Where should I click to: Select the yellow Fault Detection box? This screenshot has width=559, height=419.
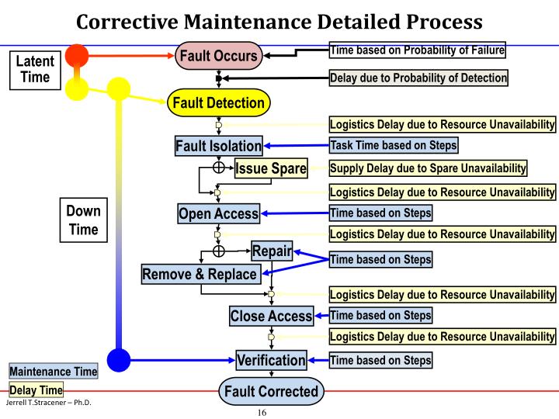(x=217, y=102)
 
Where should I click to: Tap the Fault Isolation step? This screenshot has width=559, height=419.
(x=219, y=146)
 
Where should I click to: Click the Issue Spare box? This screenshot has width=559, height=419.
(x=271, y=168)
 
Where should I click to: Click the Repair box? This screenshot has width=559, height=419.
(x=271, y=251)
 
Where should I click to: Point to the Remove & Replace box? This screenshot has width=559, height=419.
(x=200, y=274)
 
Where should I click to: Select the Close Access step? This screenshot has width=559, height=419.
(x=271, y=316)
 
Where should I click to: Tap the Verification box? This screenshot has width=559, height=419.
(x=271, y=360)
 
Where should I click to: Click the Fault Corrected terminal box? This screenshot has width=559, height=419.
(x=271, y=391)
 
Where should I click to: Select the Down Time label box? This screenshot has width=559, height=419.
(x=83, y=220)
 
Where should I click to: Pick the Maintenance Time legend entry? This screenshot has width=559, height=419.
(x=54, y=372)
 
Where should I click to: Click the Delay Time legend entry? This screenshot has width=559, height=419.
(x=36, y=390)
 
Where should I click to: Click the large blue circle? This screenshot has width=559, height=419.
(x=118, y=360)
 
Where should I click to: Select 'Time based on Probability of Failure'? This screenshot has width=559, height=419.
(x=418, y=50)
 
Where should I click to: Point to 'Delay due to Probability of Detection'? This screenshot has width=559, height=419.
(x=418, y=78)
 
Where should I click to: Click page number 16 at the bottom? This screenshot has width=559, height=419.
(x=262, y=412)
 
